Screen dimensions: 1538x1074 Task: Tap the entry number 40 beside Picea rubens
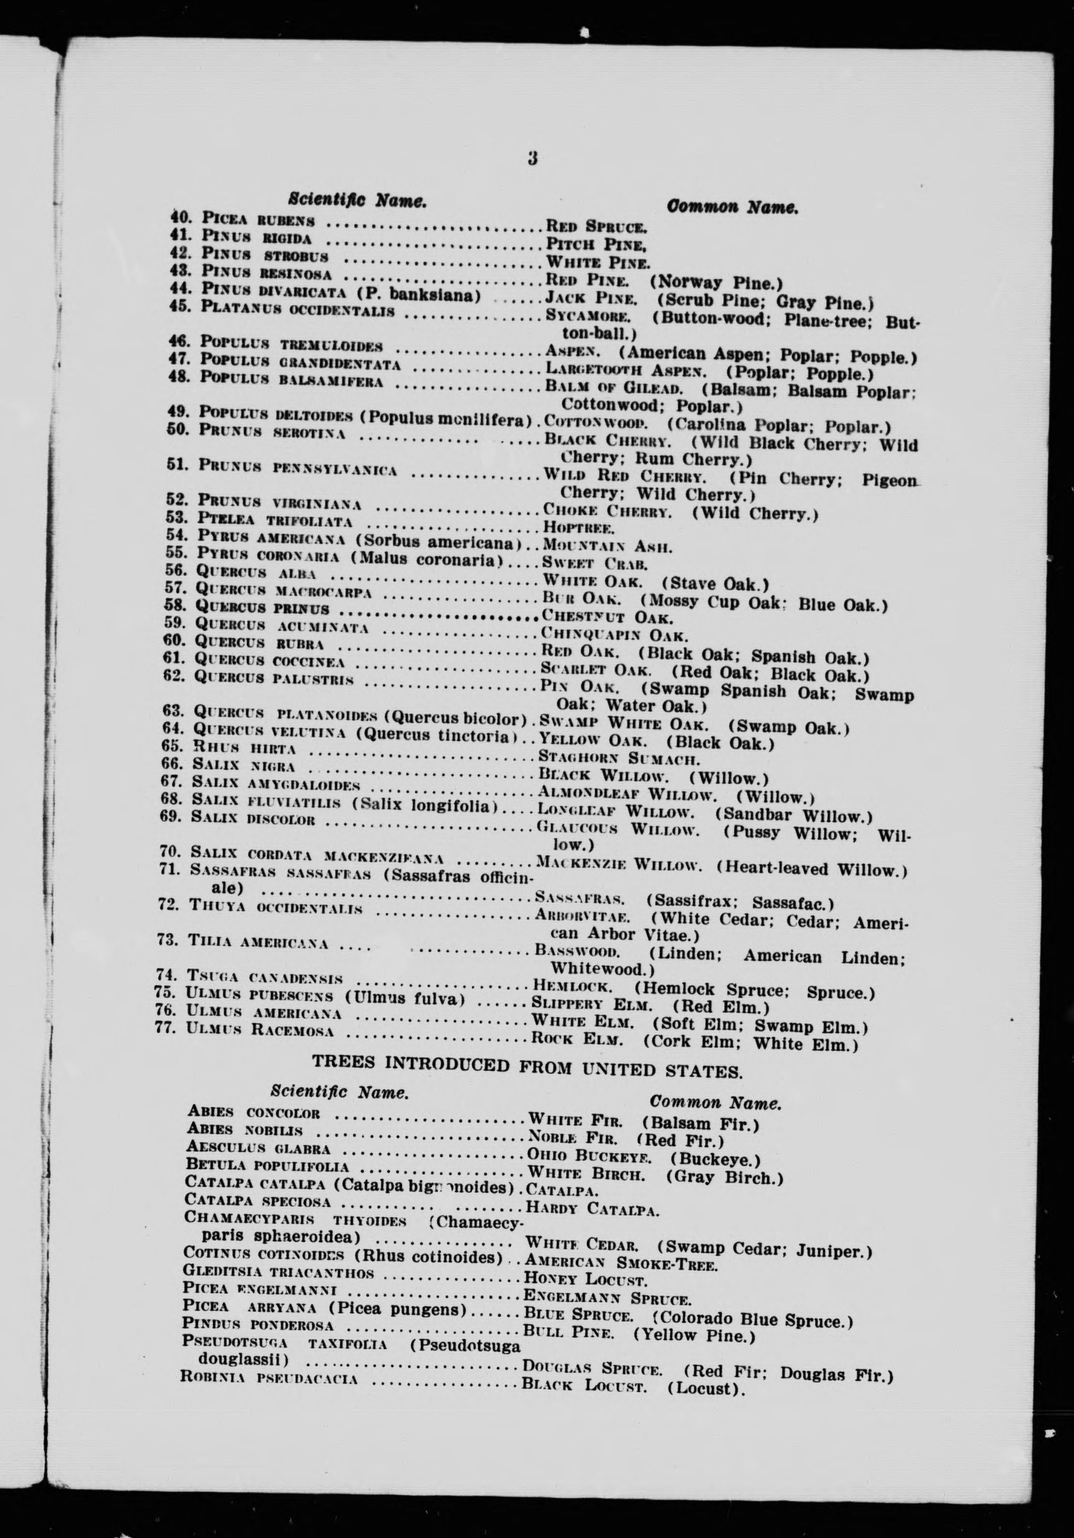[x=180, y=217]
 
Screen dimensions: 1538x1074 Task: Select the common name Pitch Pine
[x=596, y=245]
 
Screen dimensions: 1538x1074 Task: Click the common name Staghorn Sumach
[x=619, y=759]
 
